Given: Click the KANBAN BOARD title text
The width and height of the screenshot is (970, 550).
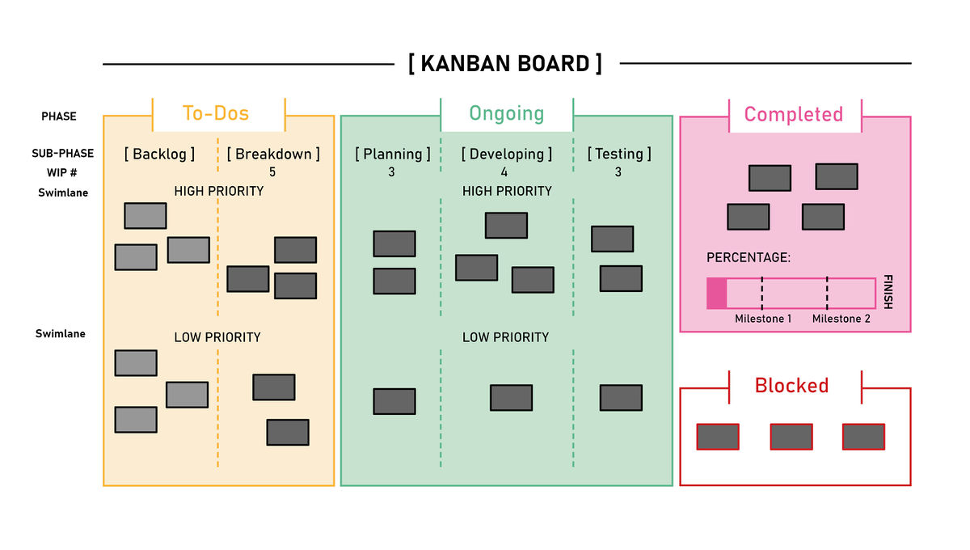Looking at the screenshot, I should coord(505,63).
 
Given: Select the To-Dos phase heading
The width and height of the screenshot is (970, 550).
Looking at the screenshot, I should coord(216,113).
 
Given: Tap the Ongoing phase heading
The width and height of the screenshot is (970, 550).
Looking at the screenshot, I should coord(507,113).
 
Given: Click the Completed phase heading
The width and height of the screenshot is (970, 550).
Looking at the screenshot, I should coord(793,114).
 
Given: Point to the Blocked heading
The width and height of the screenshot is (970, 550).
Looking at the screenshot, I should coord(791,386).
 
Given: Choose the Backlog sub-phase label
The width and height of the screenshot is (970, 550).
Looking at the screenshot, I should coord(159,154).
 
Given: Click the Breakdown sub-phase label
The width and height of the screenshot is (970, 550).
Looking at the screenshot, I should coord(273,154).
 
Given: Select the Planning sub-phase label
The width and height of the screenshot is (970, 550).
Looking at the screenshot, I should coord(392,154).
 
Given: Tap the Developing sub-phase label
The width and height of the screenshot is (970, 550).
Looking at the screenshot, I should coord(507,154).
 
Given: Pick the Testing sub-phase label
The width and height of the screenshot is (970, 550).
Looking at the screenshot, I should coord(619,154).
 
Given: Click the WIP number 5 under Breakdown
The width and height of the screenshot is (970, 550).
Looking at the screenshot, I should coord(272,172).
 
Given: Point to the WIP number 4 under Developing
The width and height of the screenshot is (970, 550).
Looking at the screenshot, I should coord(504,172).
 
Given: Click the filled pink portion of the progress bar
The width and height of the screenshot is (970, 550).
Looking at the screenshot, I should coord(717,294).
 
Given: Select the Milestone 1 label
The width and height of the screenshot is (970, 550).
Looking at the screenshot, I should coord(763,319).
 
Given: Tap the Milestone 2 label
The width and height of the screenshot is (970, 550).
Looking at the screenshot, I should coord(841,319).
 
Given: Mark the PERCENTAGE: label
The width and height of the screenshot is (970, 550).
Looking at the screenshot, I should coord(748,258).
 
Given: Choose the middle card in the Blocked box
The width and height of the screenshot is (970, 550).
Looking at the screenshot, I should coord(791,437).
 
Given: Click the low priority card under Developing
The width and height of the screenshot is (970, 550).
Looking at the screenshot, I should coord(511,398).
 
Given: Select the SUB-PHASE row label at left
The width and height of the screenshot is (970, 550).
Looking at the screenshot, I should coord(63,154).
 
